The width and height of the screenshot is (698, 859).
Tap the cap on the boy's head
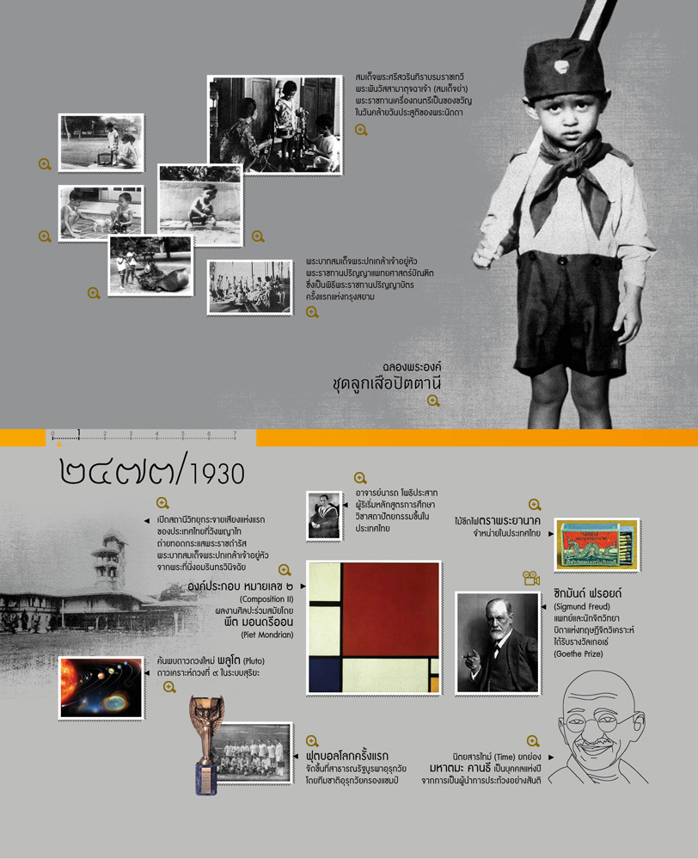point(556,69)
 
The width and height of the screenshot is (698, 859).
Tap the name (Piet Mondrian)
point(268,635)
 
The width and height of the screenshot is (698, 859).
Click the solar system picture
point(101,687)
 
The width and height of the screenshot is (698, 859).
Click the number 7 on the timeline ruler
point(235,433)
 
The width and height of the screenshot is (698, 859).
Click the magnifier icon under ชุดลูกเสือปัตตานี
point(433,401)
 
